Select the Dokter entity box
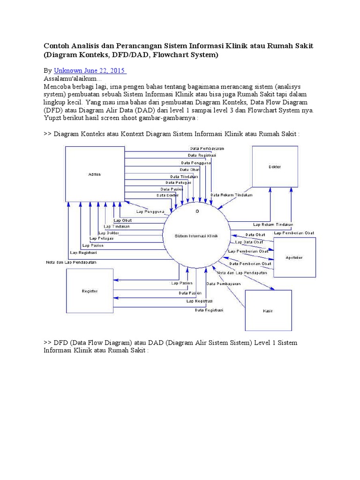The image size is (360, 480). point(275,167)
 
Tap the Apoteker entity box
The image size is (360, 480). point(294,257)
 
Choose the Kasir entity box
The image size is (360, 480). point(268,311)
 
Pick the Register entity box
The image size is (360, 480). point(89,291)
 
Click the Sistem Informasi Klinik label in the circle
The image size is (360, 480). point(196,236)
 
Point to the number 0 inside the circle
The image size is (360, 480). point(197,212)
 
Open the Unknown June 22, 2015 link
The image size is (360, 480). point(90,70)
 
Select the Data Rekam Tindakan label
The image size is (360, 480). point(232,195)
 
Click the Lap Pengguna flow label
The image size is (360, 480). point(150,211)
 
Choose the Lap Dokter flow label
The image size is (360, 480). point(108,232)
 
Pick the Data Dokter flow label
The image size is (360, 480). point(167,195)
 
